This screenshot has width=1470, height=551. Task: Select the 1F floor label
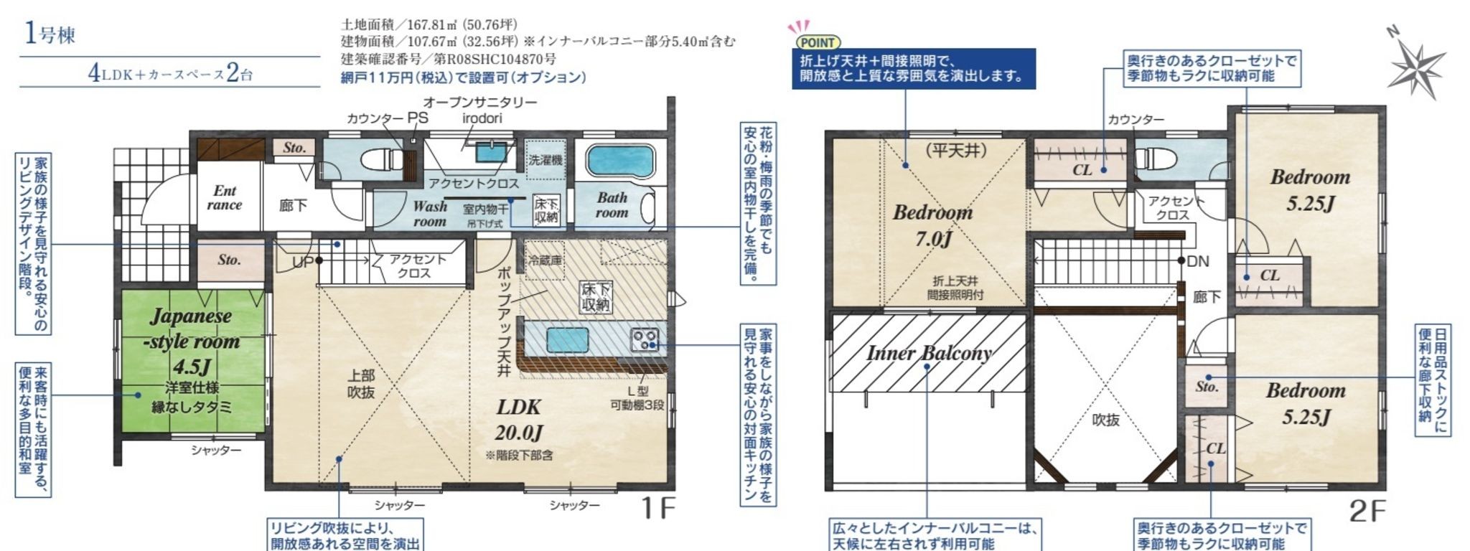(657, 508)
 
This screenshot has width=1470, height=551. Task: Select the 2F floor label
(1368, 511)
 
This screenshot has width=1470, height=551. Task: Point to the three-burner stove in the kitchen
(645, 339)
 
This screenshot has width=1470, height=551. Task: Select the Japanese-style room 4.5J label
(190, 341)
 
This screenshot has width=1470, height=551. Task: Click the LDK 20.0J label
(518, 420)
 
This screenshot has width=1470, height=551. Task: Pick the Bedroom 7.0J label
(932, 224)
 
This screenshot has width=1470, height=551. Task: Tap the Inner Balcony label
(929, 353)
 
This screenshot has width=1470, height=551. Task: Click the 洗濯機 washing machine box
(546, 160)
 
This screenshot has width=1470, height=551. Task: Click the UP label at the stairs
(303, 263)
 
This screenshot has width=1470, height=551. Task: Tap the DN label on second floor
(1197, 262)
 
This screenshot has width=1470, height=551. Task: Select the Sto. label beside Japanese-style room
(230, 260)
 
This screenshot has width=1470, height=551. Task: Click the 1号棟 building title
(50, 34)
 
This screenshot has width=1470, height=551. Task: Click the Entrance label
(225, 197)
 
